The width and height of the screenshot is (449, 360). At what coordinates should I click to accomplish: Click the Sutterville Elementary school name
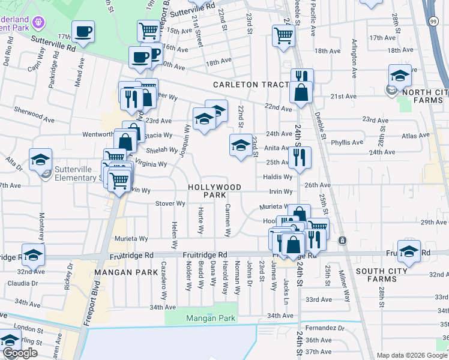coord(72,173)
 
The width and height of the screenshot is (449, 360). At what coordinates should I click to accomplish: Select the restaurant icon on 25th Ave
coord(299,157)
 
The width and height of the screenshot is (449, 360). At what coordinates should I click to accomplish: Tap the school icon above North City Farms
coord(400,76)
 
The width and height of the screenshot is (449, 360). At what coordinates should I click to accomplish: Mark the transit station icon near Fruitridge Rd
coord(342,241)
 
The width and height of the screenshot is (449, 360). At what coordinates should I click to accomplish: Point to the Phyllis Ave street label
coord(347,143)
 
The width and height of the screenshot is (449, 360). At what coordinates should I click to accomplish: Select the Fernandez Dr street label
coord(325,329)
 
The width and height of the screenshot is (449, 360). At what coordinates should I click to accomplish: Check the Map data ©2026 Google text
coord(412,355)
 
